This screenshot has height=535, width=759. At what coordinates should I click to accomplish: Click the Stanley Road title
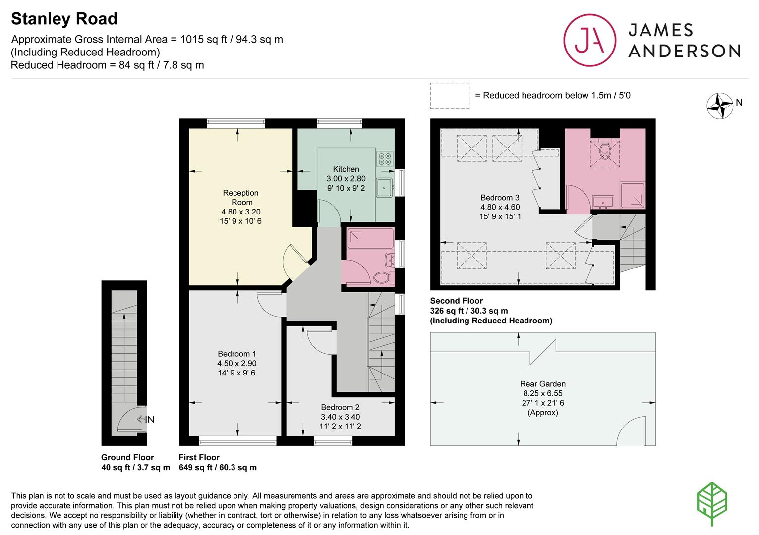tap(64, 19)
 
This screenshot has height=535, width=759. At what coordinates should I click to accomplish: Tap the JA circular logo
tap(589, 40)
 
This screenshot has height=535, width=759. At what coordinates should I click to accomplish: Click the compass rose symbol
tap(720, 106)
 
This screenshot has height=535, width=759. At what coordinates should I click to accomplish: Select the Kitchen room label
tap(346, 169)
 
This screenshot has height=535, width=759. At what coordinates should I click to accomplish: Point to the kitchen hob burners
tap(385, 159)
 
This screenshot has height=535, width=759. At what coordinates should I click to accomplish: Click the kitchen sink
tap(384, 188)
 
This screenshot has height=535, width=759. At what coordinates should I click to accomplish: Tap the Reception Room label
tap(240, 198)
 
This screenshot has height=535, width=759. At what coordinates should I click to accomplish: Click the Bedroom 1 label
tap(237, 354)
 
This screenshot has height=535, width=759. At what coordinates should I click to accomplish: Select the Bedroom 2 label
tap(340, 407)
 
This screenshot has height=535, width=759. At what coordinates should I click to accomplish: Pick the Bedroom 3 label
tap(500, 198)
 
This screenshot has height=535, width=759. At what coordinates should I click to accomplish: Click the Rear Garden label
tap(543, 384)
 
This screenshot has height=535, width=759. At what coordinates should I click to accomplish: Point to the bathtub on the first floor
tap(370, 239)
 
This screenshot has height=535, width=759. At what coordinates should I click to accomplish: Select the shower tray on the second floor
tap(633, 195)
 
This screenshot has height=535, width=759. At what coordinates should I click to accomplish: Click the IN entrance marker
tap(146, 420)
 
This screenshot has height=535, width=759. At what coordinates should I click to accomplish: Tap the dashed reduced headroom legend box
tap(450, 96)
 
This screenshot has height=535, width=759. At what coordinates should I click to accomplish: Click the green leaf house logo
tap(712, 504)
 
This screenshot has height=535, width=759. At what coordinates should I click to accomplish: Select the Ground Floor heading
tap(127, 457)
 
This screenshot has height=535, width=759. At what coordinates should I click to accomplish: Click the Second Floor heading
tap(457, 301)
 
